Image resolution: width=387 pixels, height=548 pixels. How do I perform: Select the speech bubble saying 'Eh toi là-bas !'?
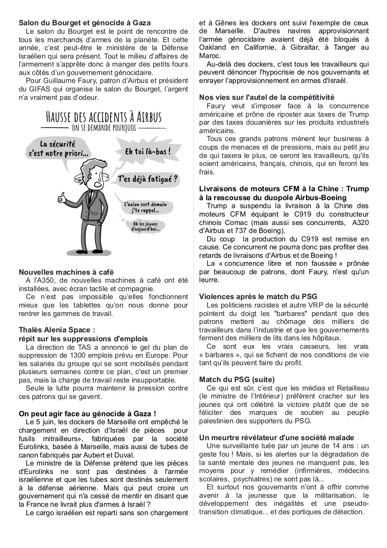coord(147,152)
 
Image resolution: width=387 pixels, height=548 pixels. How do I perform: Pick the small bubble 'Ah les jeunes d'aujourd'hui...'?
coord(146,227)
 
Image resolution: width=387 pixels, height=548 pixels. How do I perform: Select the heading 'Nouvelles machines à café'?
coord(66,272)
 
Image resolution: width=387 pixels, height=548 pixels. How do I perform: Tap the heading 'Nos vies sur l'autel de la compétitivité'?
coord(267,98)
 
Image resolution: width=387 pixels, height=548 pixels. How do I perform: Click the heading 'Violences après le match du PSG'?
coord(258,297)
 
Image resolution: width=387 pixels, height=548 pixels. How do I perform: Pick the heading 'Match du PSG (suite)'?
coord(237,379)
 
